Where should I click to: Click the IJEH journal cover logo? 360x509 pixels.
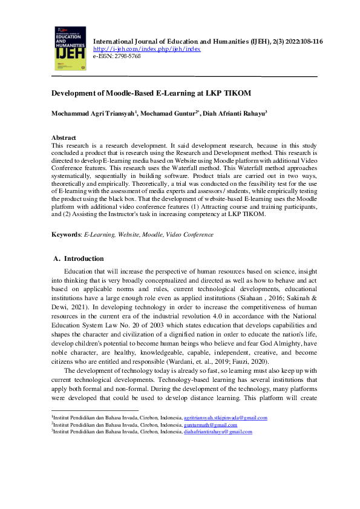pos(70,48)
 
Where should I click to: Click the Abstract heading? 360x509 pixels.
pos(64,137)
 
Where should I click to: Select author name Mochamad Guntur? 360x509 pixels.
pos(168,113)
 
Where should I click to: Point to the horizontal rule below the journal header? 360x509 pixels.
pos(185,77)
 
